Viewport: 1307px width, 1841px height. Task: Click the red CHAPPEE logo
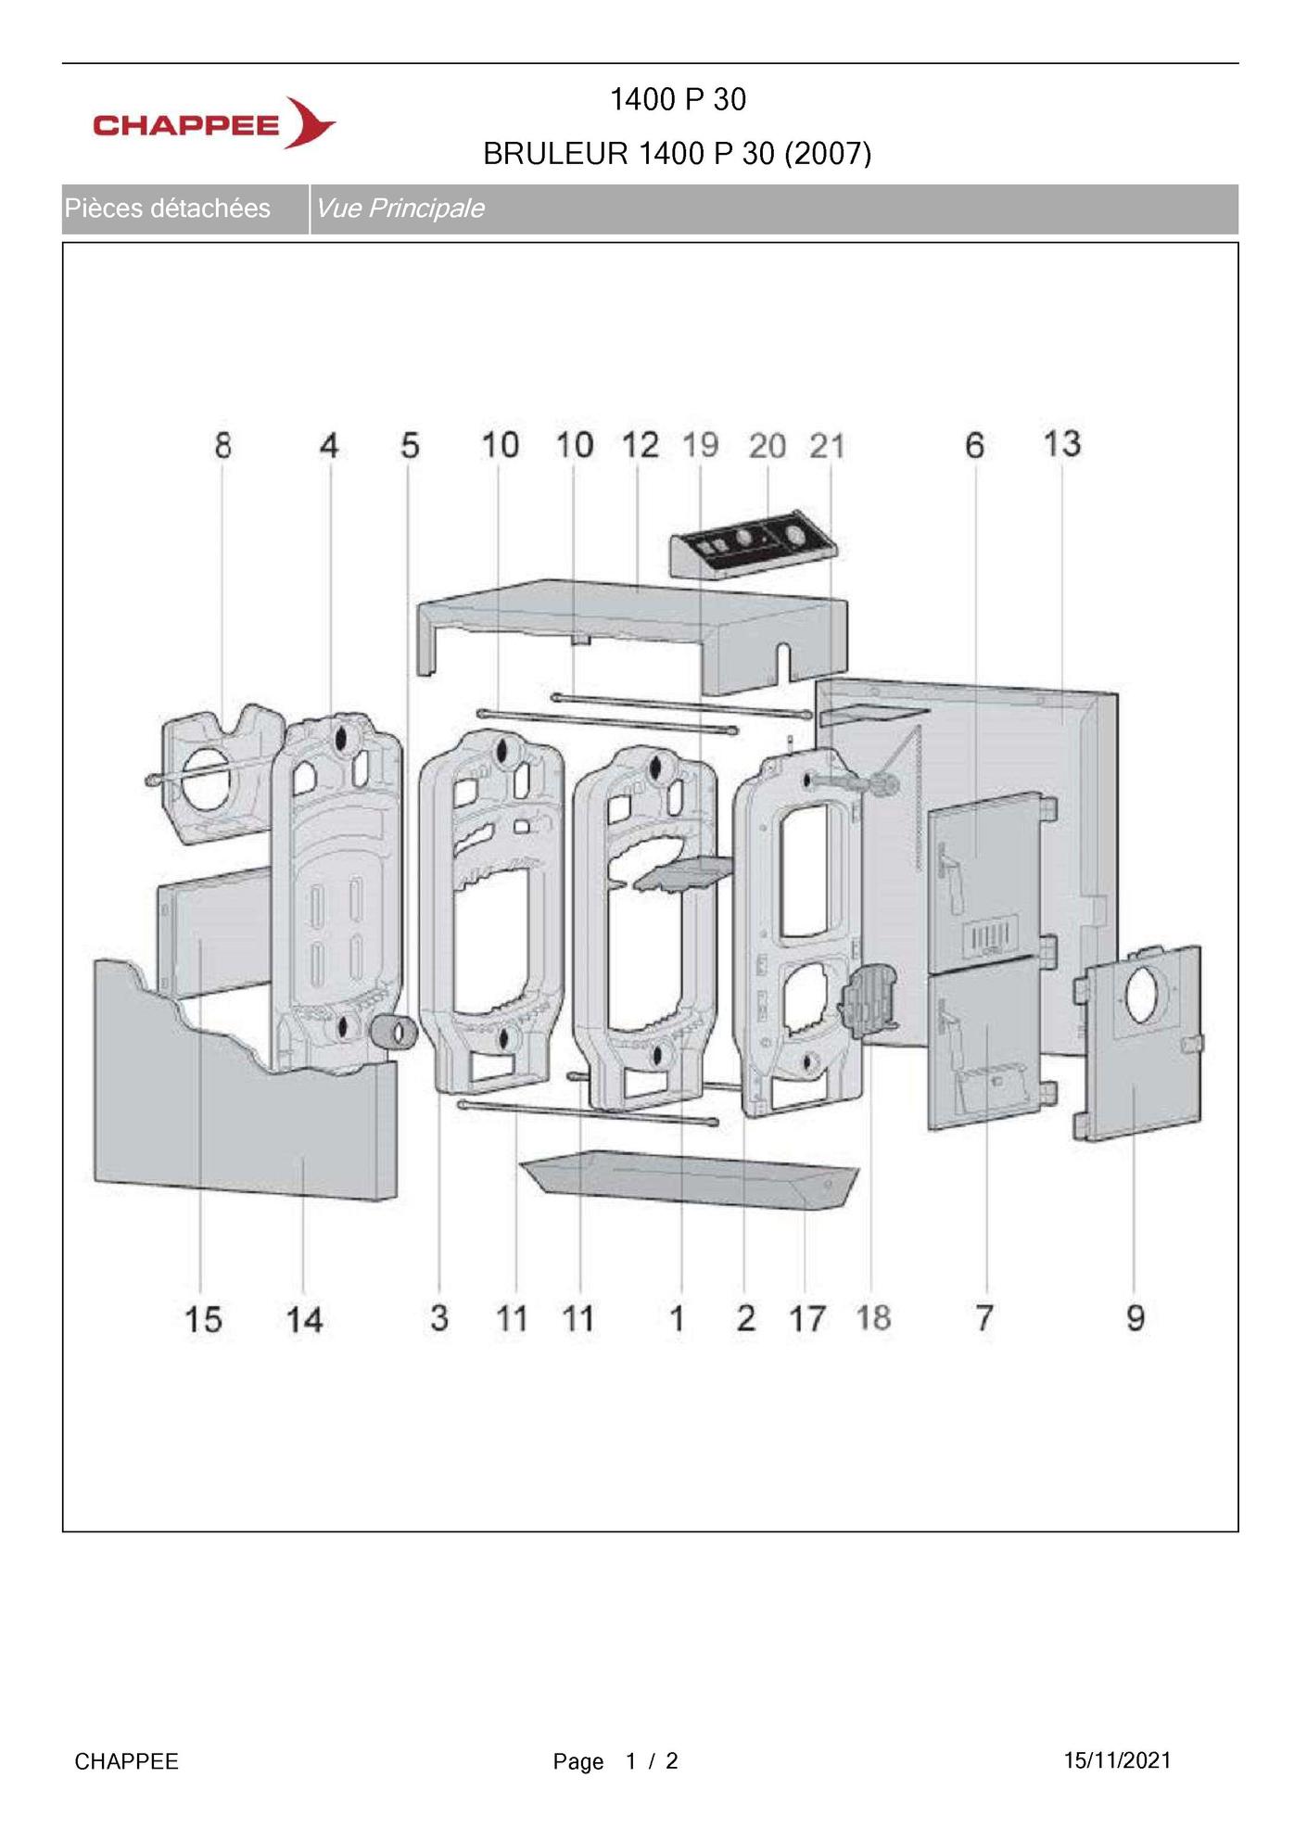tap(214, 123)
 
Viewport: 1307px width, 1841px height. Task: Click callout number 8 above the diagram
tap(222, 446)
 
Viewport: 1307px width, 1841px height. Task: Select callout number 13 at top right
tap(1061, 443)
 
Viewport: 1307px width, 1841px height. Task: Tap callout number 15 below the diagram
tap(203, 1319)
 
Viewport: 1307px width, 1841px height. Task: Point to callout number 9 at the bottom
tap(1136, 1317)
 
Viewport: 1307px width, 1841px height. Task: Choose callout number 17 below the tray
tap(806, 1318)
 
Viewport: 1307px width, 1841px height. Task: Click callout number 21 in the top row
tap(827, 447)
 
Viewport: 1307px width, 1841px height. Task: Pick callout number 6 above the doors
tap(974, 446)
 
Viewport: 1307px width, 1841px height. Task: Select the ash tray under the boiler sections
tap(691, 1181)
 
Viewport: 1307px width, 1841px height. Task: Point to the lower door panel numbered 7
tap(984, 1042)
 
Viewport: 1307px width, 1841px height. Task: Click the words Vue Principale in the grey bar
tap(400, 209)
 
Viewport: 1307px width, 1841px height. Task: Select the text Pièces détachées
tap(167, 209)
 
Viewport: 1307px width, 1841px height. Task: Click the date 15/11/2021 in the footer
tap(1117, 1760)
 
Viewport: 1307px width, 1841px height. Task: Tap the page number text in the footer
tap(615, 1761)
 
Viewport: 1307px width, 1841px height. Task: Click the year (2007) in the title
tap(828, 153)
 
